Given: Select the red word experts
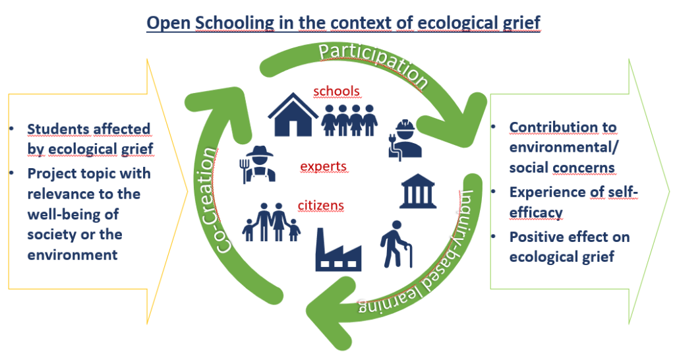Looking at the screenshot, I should pyautogui.click(x=324, y=166).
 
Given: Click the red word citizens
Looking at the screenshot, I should pyautogui.click(x=321, y=206).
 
